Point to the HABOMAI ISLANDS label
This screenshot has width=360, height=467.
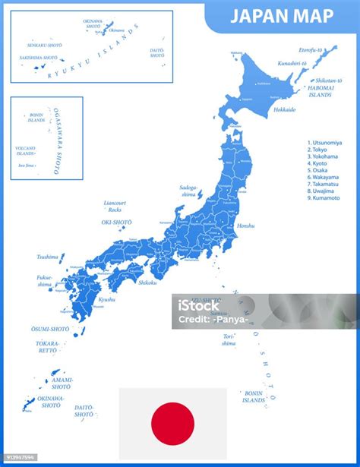tap(320, 92)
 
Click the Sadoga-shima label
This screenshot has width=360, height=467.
tap(188, 190)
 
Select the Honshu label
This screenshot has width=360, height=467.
tap(245, 226)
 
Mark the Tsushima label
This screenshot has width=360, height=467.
tap(47, 257)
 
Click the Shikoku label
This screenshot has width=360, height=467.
tap(147, 282)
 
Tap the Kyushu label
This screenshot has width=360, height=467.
tap(107, 299)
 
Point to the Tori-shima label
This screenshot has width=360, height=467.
tap(229, 339)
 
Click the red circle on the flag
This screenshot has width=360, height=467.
tap(172, 423)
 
